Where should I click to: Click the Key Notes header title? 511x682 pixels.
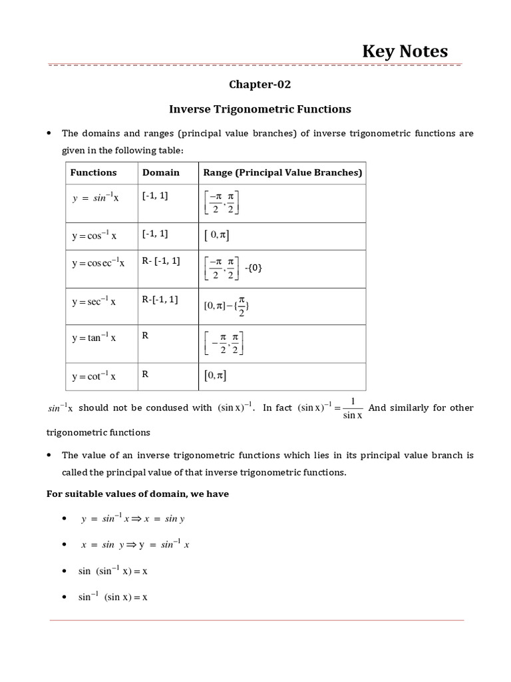point(405,51)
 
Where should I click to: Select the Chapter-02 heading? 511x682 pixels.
point(260,85)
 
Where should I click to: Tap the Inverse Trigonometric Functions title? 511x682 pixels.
point(260,109)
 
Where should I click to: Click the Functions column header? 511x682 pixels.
point(94,172)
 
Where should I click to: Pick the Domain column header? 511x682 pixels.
point(161,172)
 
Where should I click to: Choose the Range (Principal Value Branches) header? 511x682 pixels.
point(283,172)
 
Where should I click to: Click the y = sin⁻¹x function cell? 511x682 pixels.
point(95,198)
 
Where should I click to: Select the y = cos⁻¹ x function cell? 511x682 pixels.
point(94,236)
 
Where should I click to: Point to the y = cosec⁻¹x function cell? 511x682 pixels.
point(98,263)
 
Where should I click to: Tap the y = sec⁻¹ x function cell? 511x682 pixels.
point(94,302)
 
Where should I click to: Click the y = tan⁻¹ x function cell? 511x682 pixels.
point(94,338)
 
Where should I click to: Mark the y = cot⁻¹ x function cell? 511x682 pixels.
point(94,376)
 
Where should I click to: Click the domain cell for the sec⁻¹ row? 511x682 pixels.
point(160,300)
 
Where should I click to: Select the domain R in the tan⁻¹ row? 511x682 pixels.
point(145,336)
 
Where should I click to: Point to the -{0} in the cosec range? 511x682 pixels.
point(254,268)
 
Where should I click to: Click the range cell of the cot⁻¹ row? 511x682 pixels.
point(216,376)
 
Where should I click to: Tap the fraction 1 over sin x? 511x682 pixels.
point(352,408)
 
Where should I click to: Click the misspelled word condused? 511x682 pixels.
point(159,408)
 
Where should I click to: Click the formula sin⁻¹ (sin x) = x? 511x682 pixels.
point(112,597)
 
